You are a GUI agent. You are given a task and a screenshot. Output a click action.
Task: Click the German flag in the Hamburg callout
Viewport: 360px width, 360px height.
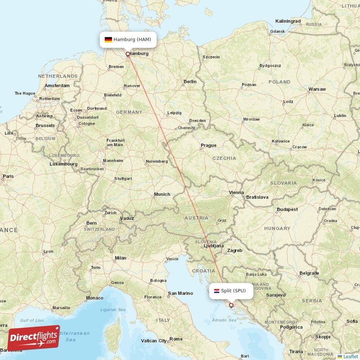point(108,40)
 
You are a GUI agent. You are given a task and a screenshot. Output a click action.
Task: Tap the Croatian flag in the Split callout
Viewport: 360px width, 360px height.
point(216,291)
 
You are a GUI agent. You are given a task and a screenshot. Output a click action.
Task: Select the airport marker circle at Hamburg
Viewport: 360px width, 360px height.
point(128,54)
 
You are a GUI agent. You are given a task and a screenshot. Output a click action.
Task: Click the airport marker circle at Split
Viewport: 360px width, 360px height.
point(231,305)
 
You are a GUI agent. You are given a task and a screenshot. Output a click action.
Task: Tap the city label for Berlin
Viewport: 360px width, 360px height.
point(190,81)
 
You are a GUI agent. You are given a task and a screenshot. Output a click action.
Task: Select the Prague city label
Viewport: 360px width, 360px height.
point(208,145)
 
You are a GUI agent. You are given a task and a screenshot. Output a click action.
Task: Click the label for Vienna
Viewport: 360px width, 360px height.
point(236,192)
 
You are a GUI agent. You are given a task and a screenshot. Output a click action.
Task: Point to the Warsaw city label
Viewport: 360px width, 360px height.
point(317,89)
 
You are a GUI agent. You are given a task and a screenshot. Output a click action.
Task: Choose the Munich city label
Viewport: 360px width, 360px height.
point(162,194)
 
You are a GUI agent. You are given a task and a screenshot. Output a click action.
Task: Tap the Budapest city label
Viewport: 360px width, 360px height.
point(288,209)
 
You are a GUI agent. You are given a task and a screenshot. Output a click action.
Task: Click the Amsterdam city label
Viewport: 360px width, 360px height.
point(57,85)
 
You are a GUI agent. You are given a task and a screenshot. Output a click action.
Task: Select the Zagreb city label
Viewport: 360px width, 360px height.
point(235,250)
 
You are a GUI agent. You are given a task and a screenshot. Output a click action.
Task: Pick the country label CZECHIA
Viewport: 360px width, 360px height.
point(224,158)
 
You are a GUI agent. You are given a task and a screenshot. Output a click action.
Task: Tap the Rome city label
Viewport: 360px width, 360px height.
point(176,339)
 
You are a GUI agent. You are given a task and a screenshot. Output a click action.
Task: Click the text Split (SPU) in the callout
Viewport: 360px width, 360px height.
point(233,291)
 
